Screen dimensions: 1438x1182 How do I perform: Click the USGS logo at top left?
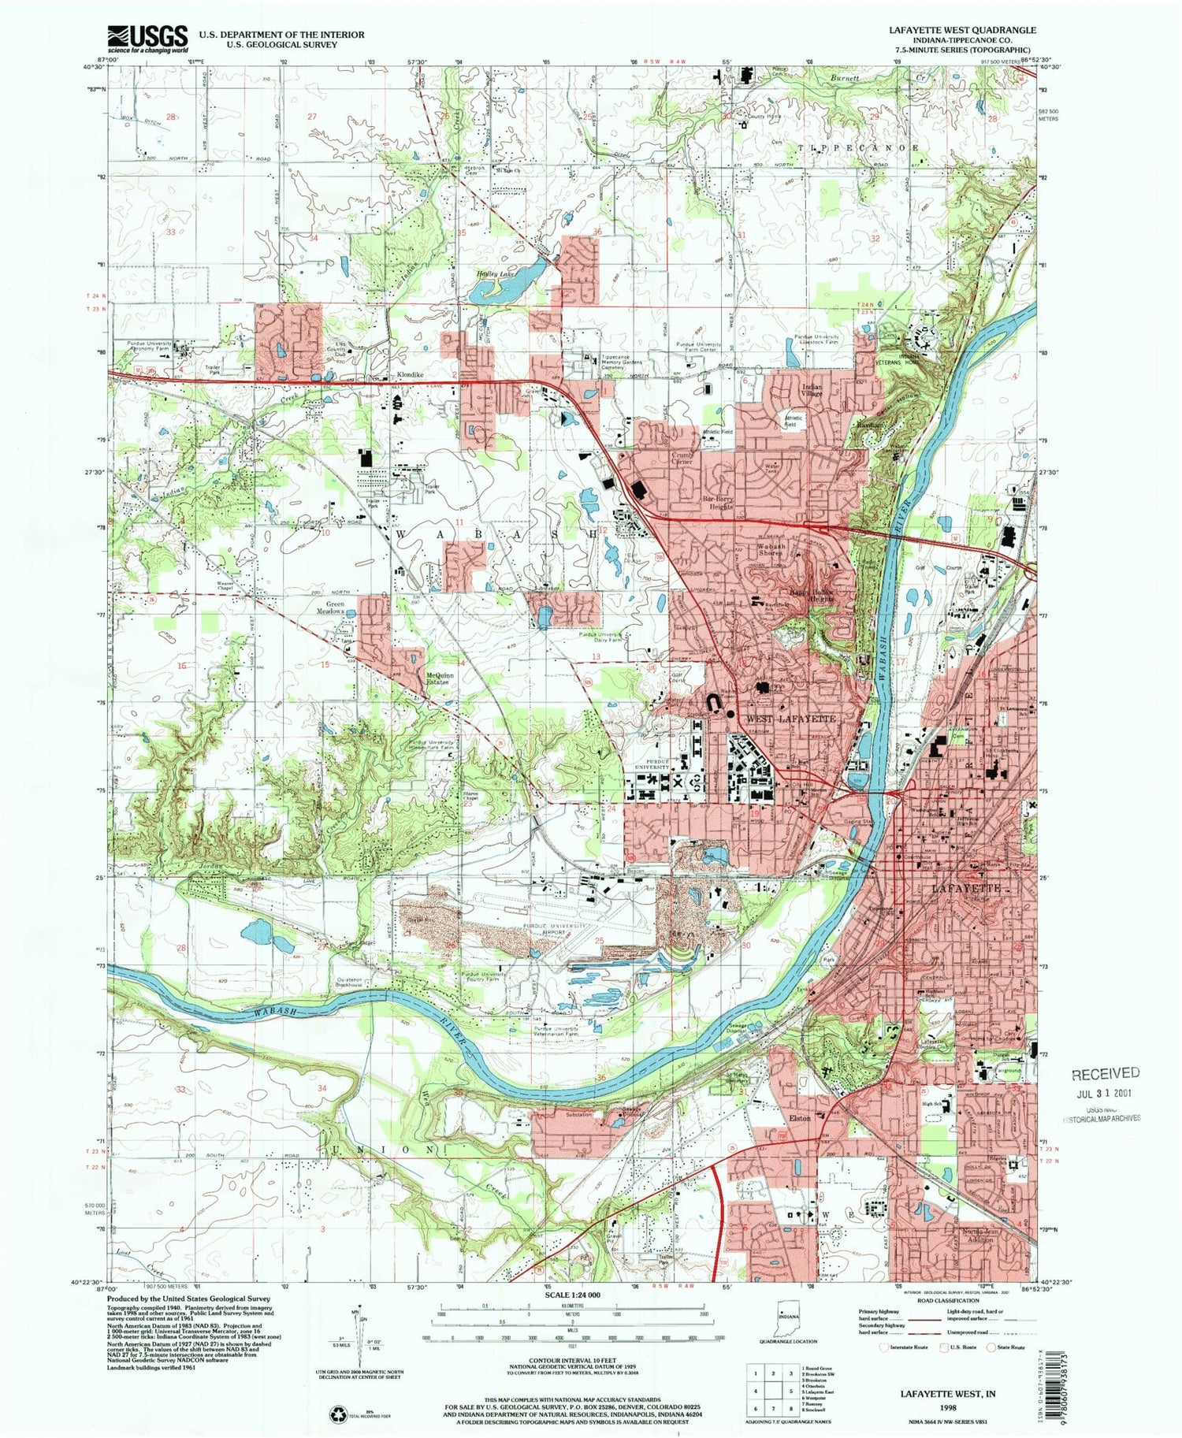147,38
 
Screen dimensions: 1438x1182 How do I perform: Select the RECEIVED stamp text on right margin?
1104,1072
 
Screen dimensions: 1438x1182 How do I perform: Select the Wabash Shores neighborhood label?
771,549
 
